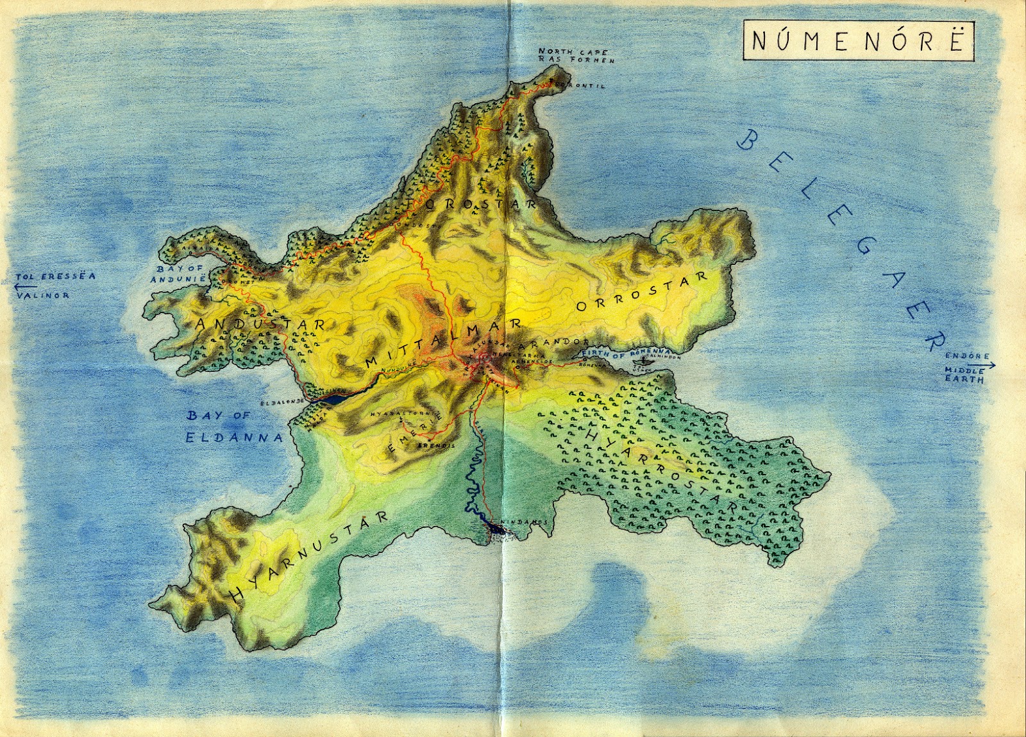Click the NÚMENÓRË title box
[x=858, y=40]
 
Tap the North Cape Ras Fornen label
[x=575, y=56]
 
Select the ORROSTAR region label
[x=641, y=292]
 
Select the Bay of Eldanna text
[x=233, y=427]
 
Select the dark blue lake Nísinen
[x=335, y=398]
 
